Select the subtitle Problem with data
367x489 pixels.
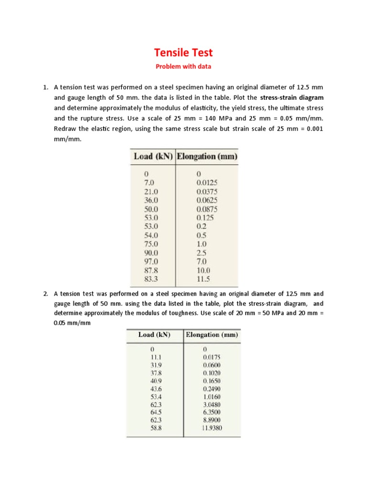coord(183,66)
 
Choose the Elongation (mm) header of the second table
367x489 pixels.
coord(211,335)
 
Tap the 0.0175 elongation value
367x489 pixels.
coord(212,357)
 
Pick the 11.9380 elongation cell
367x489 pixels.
coord(212,429)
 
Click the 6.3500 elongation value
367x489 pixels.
coord(212,412)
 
